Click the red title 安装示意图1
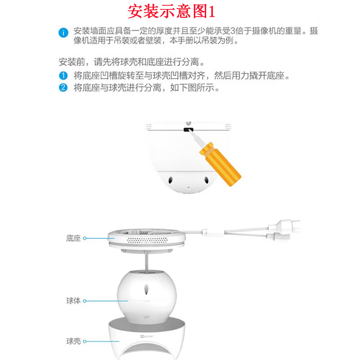(171, 12)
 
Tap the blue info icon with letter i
(63, 32)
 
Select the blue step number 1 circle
(63, 76)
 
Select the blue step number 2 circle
(63, 87)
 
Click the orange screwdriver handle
(220, 164)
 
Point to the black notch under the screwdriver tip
(188, 130)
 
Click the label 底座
(73, 238)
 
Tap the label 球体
(73, 301)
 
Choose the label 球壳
(73, 341)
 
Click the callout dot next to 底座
(85, 238)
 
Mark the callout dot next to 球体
(85, 301)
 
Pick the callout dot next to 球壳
(85, 342)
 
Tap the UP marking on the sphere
(147, 317)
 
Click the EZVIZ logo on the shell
(147, 336)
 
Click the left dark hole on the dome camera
(171, 180)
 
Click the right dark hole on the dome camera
(206, 180)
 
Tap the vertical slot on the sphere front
(146, 289)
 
